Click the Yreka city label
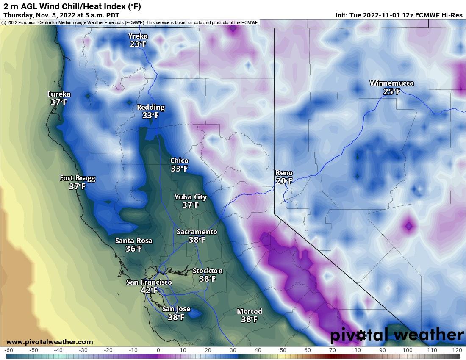click(138, 36)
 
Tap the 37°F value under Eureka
click(59, 102)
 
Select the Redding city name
click(150, 107)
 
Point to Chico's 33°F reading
click(179, 169)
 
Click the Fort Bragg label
click(78, 178)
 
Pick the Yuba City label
click(191, 197)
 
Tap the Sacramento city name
click(197, 232)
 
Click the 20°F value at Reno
click(284, 181)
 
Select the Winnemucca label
click(391, 83)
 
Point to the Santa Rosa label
click(133, 241)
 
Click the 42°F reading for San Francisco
click(149, 290)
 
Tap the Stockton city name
click(207, 271)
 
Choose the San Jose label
click(176, 309)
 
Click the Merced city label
click(249, 311)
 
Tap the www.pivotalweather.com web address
click(50, 342)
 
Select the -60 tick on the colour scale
click(9, 350)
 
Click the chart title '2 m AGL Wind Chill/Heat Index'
click(72, 6)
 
